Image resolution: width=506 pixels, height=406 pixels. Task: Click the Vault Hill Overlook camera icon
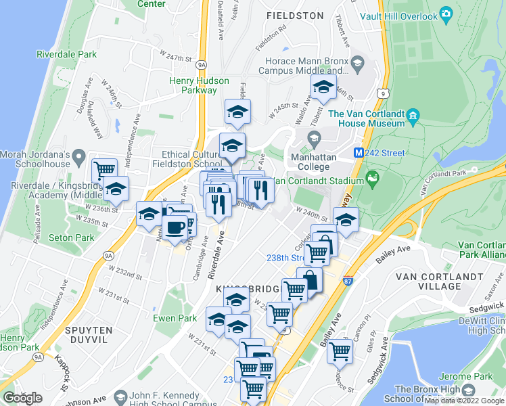(445, 13)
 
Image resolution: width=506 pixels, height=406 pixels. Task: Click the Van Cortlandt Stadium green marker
(371, 179)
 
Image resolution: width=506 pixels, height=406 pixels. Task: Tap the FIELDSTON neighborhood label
(295, 14)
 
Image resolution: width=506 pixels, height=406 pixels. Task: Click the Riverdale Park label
(67, 54)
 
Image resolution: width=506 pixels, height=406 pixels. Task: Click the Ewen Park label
(175, 318)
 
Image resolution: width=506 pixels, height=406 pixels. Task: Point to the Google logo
(22, 398)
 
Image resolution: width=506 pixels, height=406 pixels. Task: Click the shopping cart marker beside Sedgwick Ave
(339, 351)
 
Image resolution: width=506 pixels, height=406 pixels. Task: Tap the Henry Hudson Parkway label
(199, 85)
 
